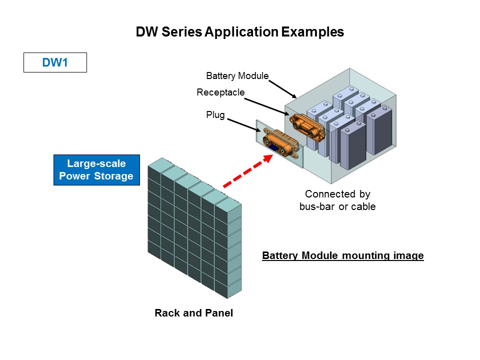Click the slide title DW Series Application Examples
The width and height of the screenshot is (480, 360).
point(240,32)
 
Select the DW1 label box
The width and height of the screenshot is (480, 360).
point(55,62)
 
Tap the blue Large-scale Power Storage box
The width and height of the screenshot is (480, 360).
point(96,169)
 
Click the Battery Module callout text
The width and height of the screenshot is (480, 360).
point(237,76)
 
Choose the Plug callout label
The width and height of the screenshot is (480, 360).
point(215,114)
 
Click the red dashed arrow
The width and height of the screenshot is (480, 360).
point(247,171)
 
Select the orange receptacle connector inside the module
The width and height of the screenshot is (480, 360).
point(307,125)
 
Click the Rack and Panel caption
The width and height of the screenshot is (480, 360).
point(193,313)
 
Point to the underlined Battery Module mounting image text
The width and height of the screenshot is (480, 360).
point(343,256)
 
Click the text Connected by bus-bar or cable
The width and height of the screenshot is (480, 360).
point(337,200)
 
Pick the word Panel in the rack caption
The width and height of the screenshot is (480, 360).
point(219,313)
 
